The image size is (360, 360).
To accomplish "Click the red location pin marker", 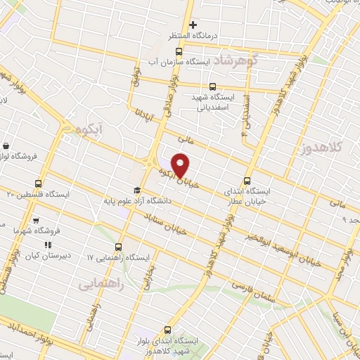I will point(181,165).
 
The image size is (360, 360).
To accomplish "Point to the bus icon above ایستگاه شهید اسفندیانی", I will point(213,87).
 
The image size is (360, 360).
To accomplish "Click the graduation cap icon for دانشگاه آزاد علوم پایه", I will point(139,191).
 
